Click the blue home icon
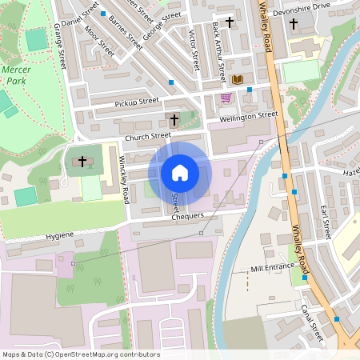point(180,173)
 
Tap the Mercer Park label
point(16,76)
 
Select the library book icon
point(237,79)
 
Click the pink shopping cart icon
point(226,98)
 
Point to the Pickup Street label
point(137,102)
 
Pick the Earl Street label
point(325,222)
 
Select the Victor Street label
point(194,48)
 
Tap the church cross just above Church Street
point(174,120)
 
